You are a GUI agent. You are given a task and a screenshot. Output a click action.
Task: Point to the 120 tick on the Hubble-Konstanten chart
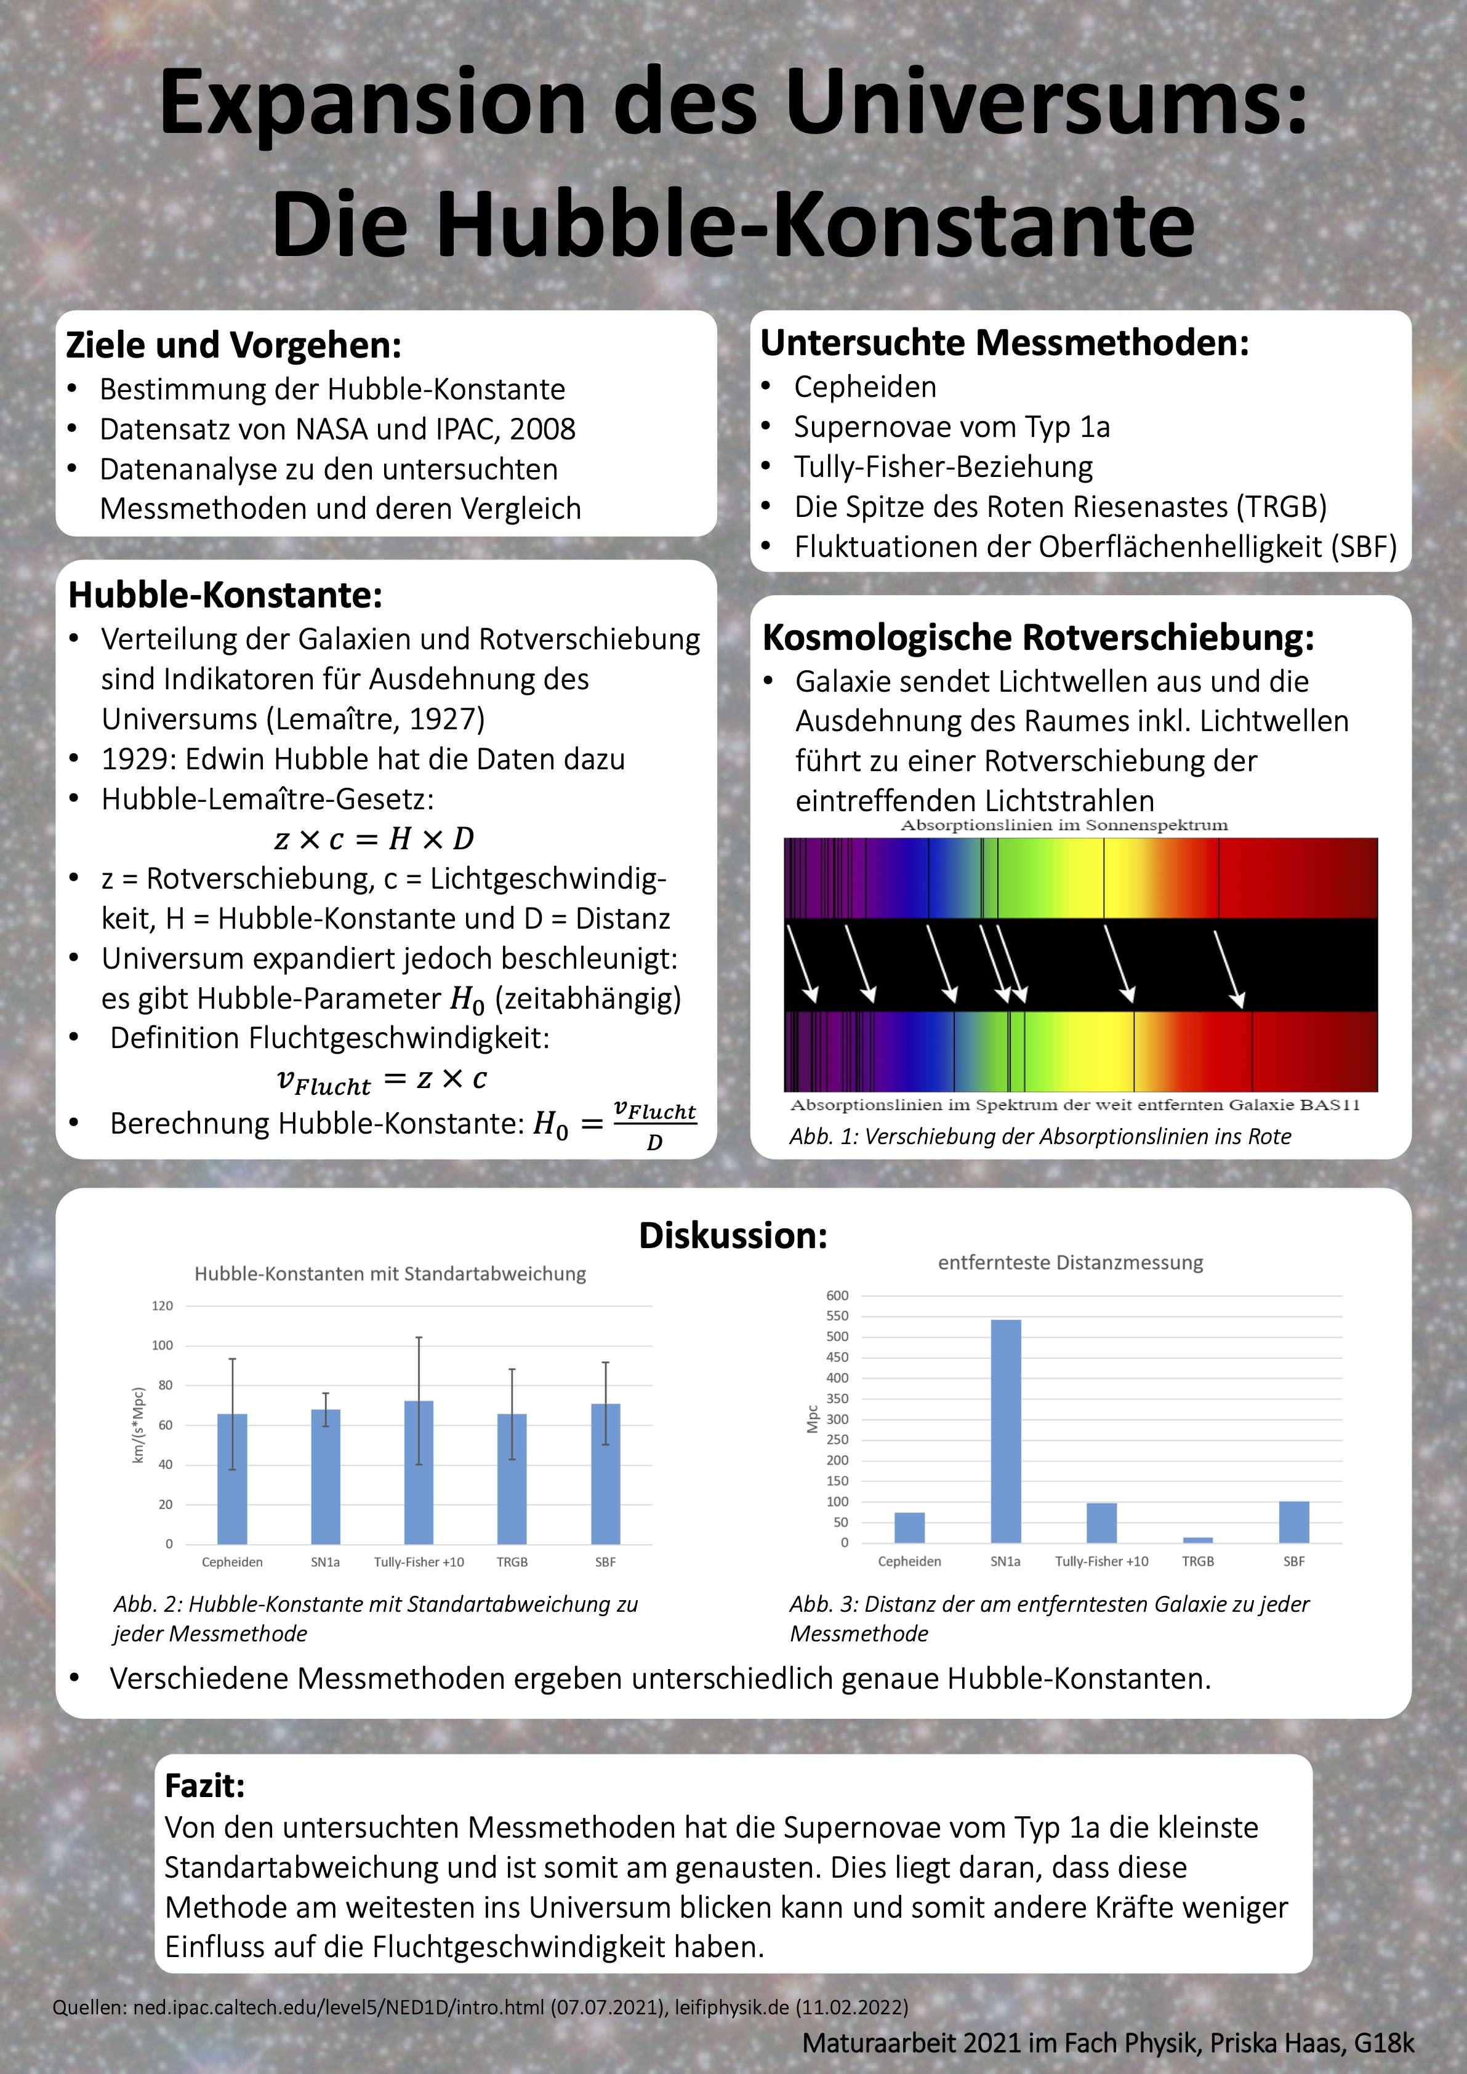163,1305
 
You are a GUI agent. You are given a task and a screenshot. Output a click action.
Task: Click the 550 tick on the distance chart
837,1316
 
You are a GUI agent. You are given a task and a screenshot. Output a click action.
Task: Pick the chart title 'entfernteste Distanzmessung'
1071,1263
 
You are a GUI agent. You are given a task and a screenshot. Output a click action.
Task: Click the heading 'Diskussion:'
733,1236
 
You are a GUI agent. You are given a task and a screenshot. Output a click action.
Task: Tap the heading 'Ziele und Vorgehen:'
234,345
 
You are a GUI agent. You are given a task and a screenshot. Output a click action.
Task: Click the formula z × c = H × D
374,839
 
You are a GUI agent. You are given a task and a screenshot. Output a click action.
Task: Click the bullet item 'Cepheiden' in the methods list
864,386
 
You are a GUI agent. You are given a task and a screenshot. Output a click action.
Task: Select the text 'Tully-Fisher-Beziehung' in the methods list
943,467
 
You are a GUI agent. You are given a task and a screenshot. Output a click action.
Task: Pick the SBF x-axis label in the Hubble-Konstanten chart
605,1562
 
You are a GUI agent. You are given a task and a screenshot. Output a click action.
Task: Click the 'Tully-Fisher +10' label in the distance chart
1101,1561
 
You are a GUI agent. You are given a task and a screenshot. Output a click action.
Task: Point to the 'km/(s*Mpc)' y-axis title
139,1425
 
